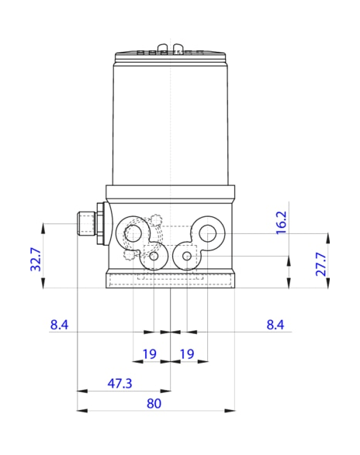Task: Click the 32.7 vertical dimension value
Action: pos(34,258)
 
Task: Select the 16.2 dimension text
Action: pos(281,222)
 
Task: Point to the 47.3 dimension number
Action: pos(119,384)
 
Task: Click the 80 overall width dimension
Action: pos(154,403)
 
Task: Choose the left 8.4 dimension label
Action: pos(60,325)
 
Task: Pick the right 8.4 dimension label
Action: pos(275,325)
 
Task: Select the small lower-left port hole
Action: pos(154,256)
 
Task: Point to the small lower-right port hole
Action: pos(186,256)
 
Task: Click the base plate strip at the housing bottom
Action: pos(170,280)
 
